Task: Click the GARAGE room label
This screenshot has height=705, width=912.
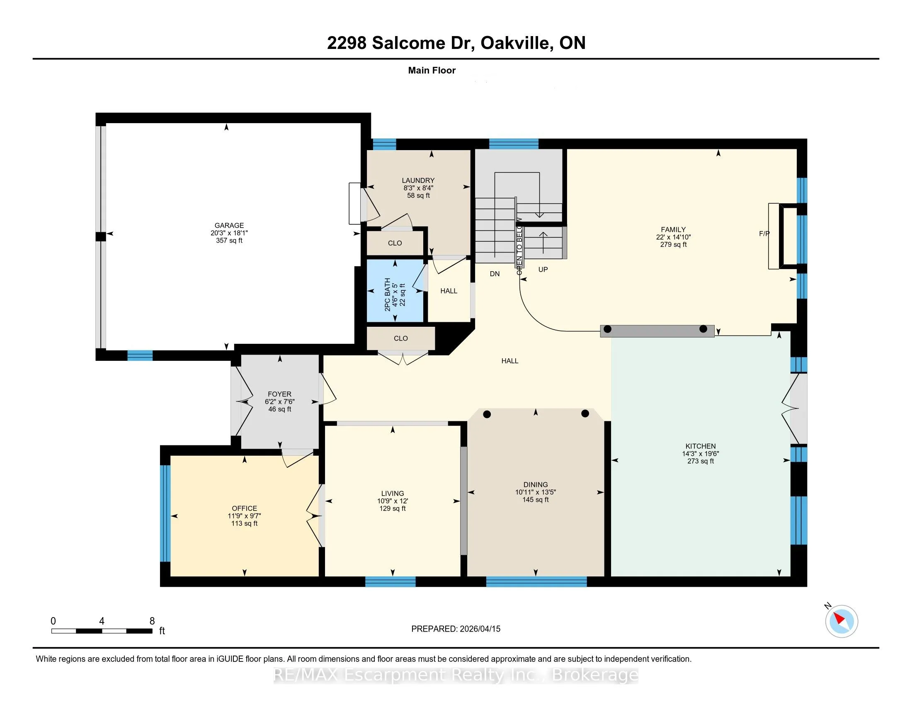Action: (x=229, y=225)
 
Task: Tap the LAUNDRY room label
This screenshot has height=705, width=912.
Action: (x=418, y=180)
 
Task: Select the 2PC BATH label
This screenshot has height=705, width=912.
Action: (x=388, y=294)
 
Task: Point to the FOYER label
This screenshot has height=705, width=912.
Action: (x=279, y=394)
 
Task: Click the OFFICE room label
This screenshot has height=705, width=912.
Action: (x=244, y=508)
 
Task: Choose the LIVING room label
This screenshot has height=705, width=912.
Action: (x=393, y=493)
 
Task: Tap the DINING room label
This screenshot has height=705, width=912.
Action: (x=535, y=485)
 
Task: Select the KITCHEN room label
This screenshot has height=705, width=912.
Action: (x=700, y=446)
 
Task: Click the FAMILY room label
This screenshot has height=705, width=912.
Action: (x=673, y=229)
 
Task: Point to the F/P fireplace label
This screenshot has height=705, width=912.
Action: (x=764, y=234)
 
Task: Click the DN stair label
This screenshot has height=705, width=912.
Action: (x=495, y=274)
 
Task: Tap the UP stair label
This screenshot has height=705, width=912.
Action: (x=543, y=270)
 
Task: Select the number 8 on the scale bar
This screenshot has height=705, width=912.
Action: (x=152, y=621)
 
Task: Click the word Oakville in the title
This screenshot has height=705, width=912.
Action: (x=514, y=43)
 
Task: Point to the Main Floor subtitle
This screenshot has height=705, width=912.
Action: (x=432, y=70)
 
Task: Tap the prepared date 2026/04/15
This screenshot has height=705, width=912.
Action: (x=480, y=629)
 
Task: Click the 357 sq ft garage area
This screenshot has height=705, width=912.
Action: (x=229, y=240)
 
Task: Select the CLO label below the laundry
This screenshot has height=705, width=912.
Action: (x=395, y=243)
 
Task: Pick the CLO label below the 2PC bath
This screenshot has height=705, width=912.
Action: (x=400, y=338)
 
